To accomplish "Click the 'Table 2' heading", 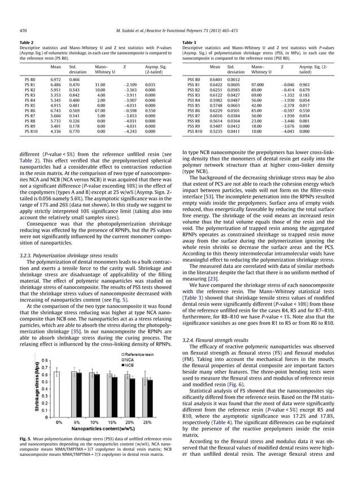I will click(26, 42).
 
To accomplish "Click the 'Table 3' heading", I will click(190, 42).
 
